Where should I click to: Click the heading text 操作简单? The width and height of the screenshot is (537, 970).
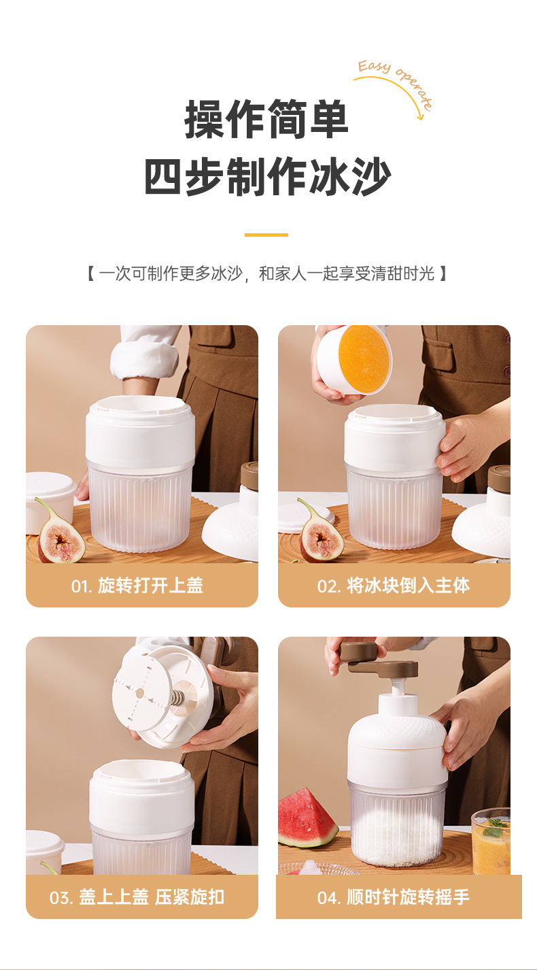point(266,120)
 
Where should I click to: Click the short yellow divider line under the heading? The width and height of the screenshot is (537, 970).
point(266,235)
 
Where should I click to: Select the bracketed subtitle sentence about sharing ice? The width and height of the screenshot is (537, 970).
point(266,274)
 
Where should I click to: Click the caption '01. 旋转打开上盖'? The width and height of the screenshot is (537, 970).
point(137,586)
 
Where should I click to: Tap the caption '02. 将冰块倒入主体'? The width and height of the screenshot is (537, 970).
point(394,586)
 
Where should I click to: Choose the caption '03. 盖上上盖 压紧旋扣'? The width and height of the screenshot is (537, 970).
point(137,897)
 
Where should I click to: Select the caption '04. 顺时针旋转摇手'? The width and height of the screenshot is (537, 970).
point(394,897)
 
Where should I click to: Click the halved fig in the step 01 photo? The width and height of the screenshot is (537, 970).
point(60,537)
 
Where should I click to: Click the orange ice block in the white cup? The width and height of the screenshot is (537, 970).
point(364,358)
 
